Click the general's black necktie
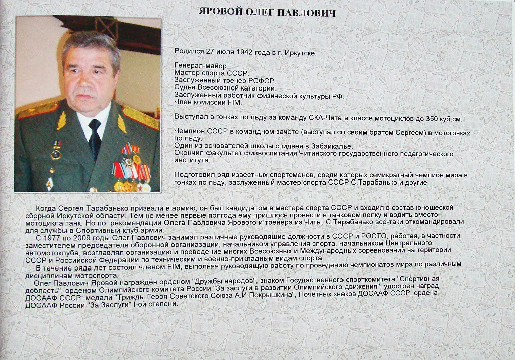coord(95,138)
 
